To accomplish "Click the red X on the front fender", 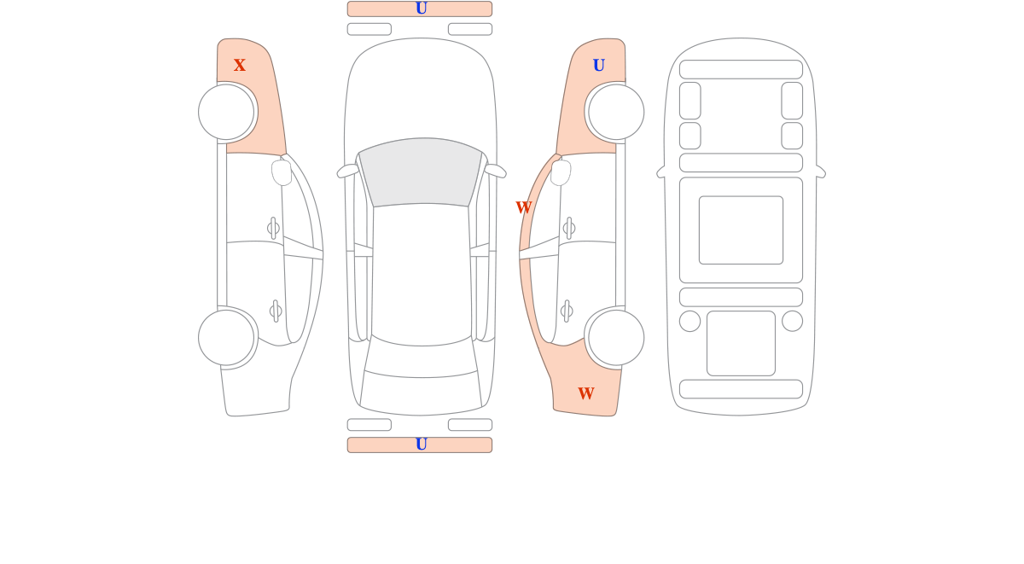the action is (240, 65).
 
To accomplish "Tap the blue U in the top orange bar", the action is (421, 9).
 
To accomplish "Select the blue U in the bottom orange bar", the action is (421, 444).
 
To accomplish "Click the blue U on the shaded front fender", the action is (599, 65).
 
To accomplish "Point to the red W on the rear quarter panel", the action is (586, 393).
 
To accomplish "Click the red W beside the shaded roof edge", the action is (524, 207).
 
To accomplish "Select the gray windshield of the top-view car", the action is (421, 172).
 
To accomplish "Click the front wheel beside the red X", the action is (226, 112).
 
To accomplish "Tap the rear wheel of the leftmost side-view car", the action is (226, 338).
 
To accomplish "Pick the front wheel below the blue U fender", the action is (616, 112).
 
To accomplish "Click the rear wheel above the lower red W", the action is (616, 338).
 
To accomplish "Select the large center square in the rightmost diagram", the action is (741, 230).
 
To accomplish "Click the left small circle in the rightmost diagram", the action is (689, 321).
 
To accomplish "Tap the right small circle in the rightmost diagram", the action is (792, 321).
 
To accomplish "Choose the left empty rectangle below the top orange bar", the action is (369, 29).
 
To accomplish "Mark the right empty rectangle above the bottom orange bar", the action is (470, 425).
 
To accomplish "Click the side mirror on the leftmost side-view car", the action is (282, 172).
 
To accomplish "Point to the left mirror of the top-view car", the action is (347, 171).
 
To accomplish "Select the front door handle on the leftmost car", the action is (273, 228).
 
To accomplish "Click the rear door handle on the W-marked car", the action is (567, 311).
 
